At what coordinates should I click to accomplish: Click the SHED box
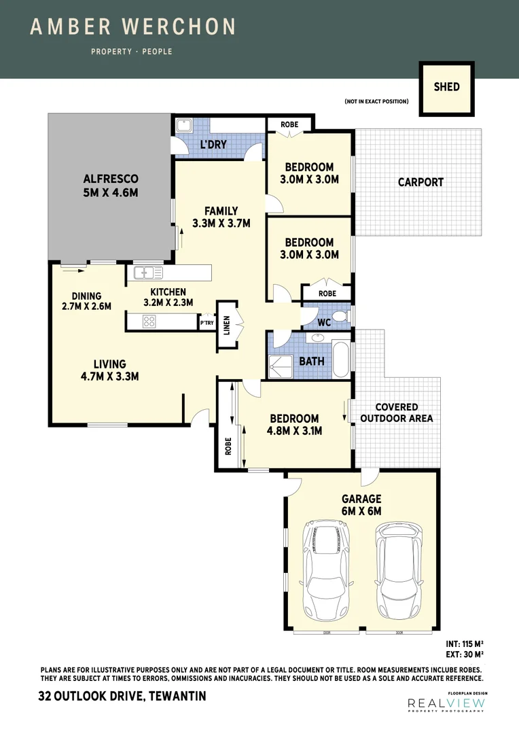[446, 88]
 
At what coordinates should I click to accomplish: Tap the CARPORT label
[420, 182]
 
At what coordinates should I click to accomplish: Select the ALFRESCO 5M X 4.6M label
[110, 186]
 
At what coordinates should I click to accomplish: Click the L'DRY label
[213, 145]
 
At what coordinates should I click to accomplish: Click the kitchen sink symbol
[148, 273]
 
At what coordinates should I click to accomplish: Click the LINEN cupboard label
[227, 325]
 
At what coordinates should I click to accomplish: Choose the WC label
[324, 323]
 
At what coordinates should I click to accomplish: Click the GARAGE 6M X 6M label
[362, 505]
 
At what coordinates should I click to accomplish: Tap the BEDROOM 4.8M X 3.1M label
[294, 425]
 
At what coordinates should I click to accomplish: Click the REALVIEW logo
[445, 705]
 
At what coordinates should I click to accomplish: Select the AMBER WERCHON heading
[133, 27]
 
